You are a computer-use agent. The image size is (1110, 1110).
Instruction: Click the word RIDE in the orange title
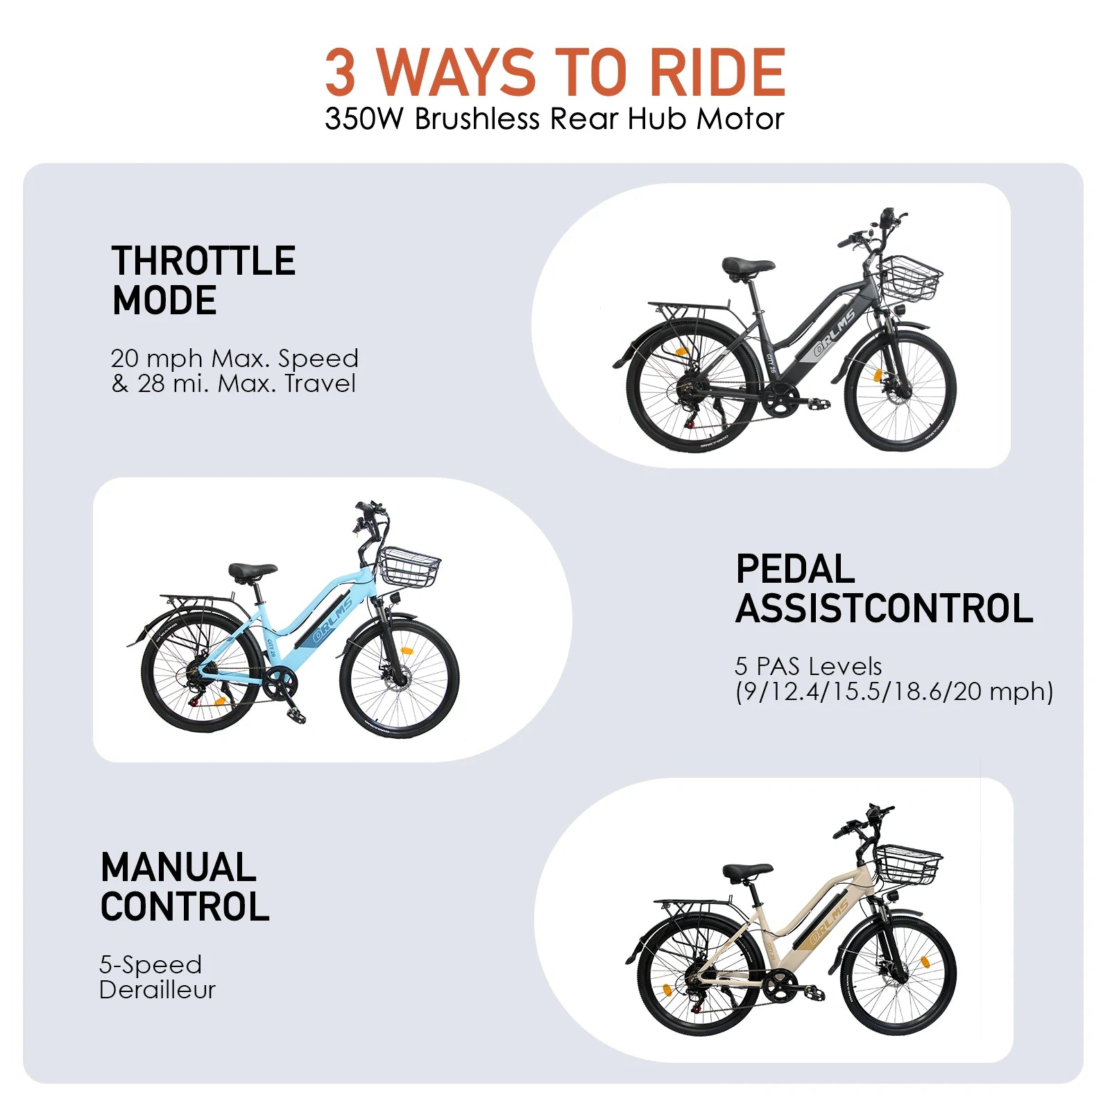[x=717, y=72]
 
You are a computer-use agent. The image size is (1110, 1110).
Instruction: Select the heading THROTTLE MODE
[x=204, y=280]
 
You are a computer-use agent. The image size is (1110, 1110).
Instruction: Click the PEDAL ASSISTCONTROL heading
[x=885, y=589]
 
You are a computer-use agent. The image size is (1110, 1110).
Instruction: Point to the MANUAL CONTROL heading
[x=185, y=887]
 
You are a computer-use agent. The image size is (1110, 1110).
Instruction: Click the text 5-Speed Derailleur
[x=157, y=977]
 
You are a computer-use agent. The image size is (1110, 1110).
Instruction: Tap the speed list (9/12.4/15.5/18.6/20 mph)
[x=894, y=692]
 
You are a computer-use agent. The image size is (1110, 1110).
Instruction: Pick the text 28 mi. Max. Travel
[x=246, y=384]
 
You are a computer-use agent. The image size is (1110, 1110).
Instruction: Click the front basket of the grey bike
[x=910, y=277]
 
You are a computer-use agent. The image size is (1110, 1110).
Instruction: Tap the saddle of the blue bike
[x=253, y=572]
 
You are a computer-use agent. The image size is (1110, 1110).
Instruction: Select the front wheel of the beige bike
[x=900, y=975]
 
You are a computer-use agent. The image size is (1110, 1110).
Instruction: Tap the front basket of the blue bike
[x=409, y=567]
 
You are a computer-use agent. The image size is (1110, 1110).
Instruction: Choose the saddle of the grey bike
[x=748, y=266]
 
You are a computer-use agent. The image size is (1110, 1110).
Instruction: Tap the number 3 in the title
[x=341, y=72]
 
